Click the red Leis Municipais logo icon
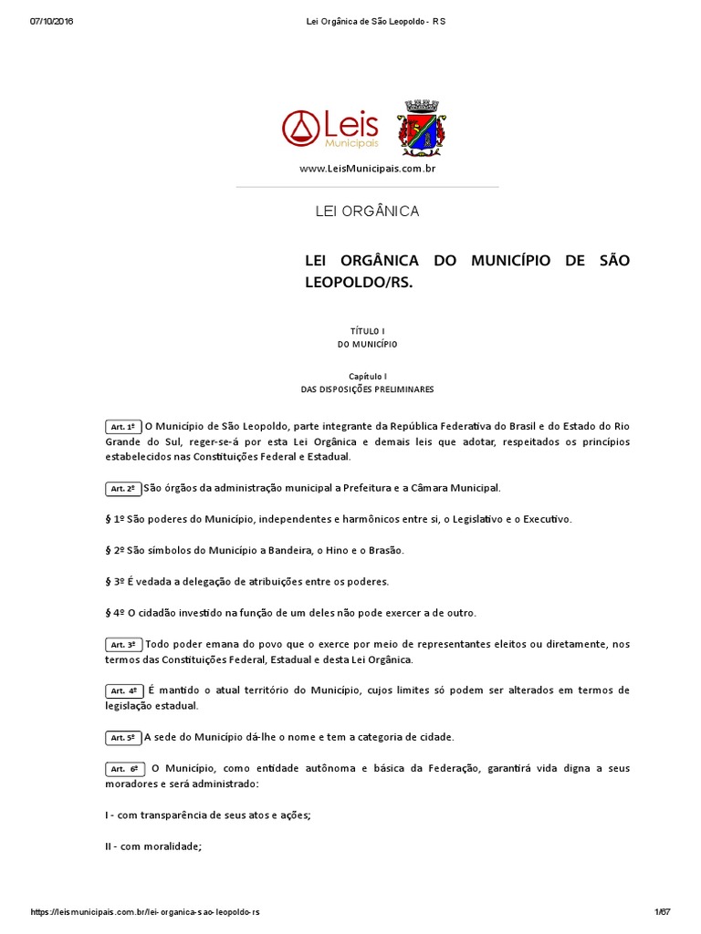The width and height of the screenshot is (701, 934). pos(300,129)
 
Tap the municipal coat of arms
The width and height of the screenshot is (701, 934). pos(421,128)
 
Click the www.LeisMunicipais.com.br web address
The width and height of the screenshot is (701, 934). pos(367,170)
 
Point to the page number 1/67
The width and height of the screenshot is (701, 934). pos(663,912)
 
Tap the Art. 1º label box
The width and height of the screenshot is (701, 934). pos(123,427)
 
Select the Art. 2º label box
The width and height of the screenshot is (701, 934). pos(123,489)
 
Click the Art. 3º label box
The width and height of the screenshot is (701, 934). pos(123,645)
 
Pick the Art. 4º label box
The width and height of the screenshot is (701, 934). pos(123,691)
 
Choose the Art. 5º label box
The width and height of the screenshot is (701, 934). pos(123,738)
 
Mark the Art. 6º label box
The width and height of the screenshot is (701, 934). pos(123,769)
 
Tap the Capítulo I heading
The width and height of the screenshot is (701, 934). pos(368,376)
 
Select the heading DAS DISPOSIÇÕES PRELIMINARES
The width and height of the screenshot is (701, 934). pos(368,389)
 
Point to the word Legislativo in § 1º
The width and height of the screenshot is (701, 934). pos(500,519)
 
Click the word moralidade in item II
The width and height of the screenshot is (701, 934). pos(171,846)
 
